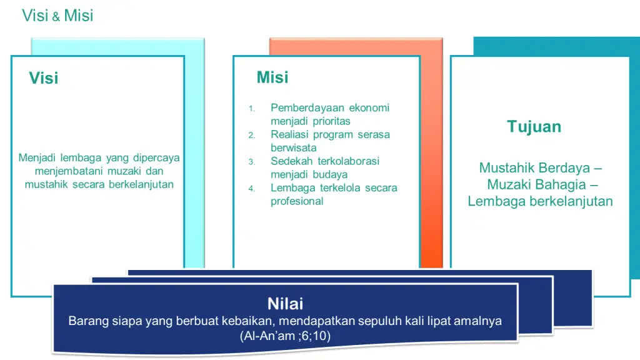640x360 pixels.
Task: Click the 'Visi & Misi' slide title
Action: [x=57, y=16]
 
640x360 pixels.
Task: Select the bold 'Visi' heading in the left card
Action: [x=44, y=78]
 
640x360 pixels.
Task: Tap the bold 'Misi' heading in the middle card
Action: [x=272, y=77]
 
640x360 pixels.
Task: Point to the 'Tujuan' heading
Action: [x=534, y=126]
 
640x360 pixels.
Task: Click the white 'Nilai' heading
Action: [x=285, y=304]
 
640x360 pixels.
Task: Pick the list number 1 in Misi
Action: [x=252, y=109]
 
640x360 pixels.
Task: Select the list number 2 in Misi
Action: [x=252, y=135]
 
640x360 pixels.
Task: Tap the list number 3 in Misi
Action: [x=252, y=162]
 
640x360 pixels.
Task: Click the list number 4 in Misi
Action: [x=252, y=189]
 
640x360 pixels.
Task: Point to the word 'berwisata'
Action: [x=294, y=147]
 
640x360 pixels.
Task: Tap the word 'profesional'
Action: [x=297, y=201]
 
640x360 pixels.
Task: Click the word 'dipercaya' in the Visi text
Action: [x=156, y=158]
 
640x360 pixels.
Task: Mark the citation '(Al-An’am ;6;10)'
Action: [x=285, y=336]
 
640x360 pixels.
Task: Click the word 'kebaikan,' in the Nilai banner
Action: [x=249, y=321]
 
